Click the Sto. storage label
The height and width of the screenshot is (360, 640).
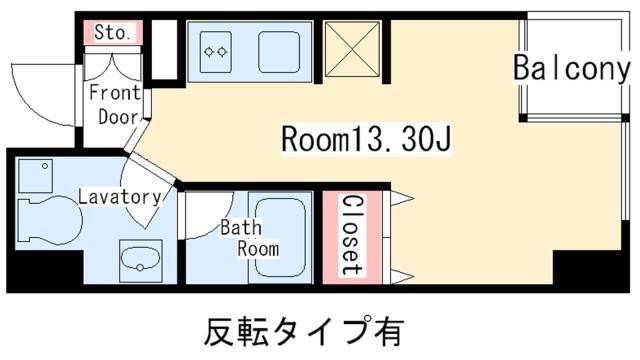click(x=113, y=32)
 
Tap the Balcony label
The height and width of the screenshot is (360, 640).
click(x=571, y=68)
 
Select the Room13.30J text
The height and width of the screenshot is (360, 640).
click(x=366, y=138)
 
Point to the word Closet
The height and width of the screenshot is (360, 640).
click(x=352, y=235)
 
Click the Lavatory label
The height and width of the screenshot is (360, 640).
click(x=120, y=197)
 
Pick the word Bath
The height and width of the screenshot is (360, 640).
click(x=241, y=228)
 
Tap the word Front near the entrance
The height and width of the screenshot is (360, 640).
click(x=115, y=93)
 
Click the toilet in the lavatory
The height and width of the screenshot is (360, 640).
click(x=49, y=220)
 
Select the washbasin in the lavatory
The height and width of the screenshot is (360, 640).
click(x=140, y=260)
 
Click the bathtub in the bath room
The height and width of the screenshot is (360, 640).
click(x=280, y=238)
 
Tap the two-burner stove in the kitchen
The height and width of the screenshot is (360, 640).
click(x=216, y=52)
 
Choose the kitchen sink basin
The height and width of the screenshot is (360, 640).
click(x=279, y=52)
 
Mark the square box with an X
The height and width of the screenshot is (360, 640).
click(x=352, y=49)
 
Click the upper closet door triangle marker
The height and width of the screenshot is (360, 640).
click(x=403, y=198)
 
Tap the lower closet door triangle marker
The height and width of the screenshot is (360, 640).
click(x=403, y=276)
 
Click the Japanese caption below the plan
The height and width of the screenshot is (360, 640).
click(x=304, y=331)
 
